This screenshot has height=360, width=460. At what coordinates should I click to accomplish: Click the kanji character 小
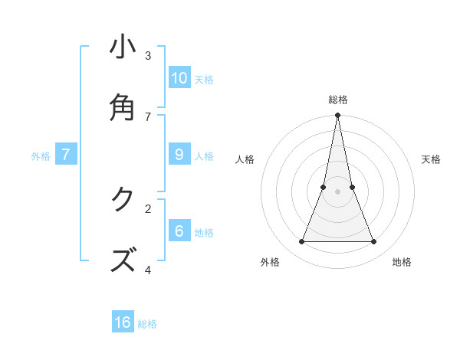[123, 47]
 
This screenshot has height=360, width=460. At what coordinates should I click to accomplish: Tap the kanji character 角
[123, 107]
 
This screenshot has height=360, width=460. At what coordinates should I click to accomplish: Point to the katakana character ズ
[123, 260]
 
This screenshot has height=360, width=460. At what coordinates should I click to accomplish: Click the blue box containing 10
[179, 77]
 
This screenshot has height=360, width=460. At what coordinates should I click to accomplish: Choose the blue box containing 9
[179, 155]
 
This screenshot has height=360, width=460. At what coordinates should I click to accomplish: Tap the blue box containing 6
[179, 231]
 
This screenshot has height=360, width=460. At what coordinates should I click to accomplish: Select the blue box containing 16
[123, 322]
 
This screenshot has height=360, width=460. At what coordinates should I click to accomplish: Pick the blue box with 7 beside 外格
[66, 155]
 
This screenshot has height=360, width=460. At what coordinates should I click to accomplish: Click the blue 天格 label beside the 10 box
[204, 80]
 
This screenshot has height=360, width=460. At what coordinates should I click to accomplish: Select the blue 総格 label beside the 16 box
[147, 324]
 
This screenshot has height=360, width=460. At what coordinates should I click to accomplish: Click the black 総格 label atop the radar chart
[337, 100]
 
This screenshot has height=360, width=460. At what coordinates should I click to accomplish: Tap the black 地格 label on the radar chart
[402, 262]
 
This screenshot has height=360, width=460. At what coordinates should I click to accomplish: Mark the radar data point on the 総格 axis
[337, 116]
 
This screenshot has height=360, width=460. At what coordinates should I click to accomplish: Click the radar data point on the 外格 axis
[301, 242]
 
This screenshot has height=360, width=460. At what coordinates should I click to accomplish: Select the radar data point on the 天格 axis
[352, 187]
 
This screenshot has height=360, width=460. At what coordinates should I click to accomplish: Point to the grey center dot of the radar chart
[337, 191]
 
